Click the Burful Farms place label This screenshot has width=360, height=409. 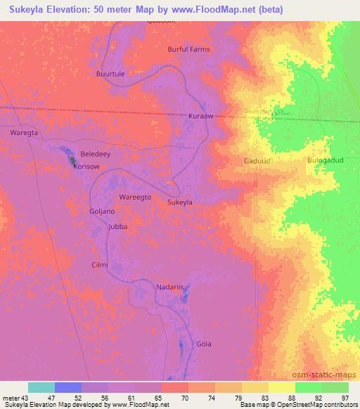point(188,50)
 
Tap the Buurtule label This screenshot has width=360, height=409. point(111,73)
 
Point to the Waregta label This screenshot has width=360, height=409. point(22,132)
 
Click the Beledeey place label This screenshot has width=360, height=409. point(96,153)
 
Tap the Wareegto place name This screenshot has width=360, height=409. point(135,198)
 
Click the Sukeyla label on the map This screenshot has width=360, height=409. point(180,202)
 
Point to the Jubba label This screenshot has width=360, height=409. point(117,228)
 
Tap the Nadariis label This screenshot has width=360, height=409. point(169,288)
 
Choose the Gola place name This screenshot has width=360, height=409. point(204,344)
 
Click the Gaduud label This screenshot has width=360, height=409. point(256,160)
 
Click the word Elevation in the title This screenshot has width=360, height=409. point(73,10)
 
